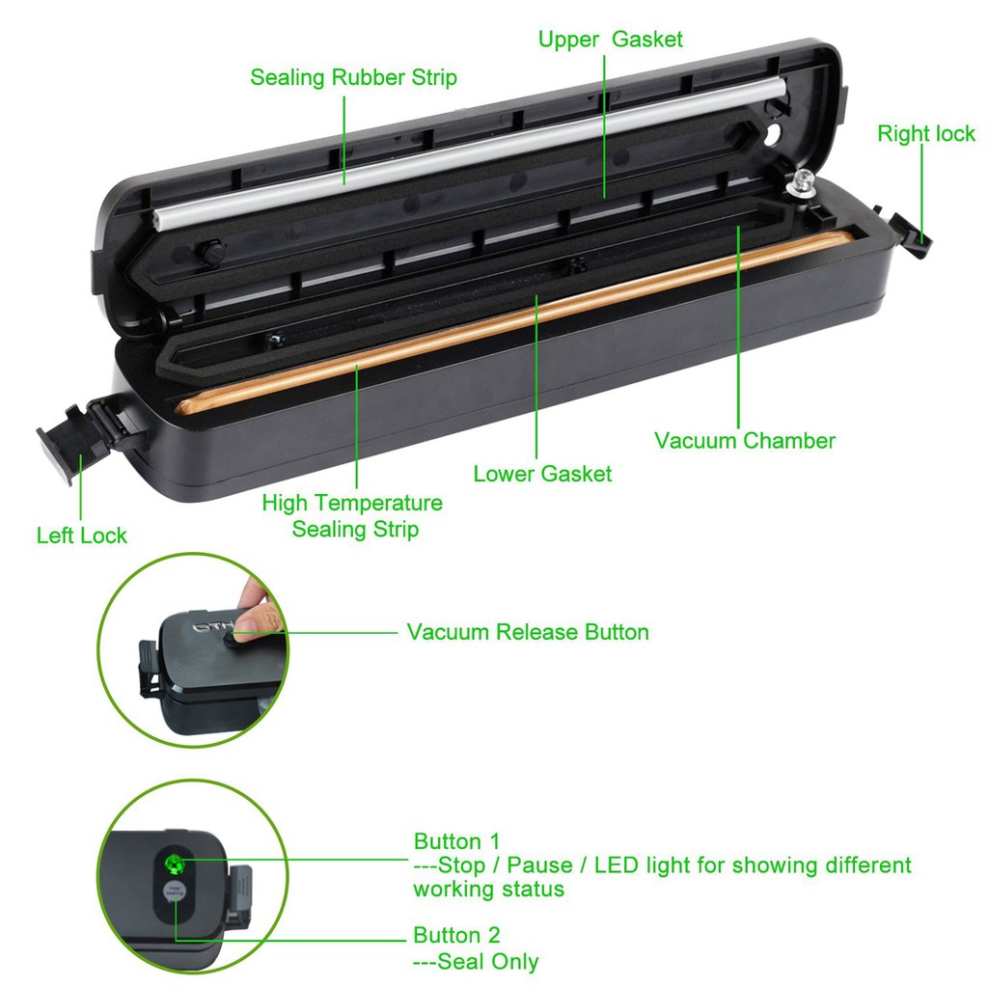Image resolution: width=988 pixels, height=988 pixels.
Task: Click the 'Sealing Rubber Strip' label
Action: pos(353,77)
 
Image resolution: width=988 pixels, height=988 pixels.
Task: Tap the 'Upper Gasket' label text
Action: pos(610,40)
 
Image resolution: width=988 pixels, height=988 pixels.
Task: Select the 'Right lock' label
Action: pos(925,134)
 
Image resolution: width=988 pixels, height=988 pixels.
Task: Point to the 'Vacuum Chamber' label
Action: pos(744,441)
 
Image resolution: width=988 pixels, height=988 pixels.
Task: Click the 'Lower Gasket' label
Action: pos(542,474)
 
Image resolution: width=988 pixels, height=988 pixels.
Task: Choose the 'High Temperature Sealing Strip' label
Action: pos(353,516)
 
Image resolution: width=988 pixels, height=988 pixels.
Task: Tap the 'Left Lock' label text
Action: pos(81,535)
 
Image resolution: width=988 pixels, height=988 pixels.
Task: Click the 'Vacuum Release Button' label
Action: pos(527,632)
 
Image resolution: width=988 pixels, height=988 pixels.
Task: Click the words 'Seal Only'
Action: pos(488,962)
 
